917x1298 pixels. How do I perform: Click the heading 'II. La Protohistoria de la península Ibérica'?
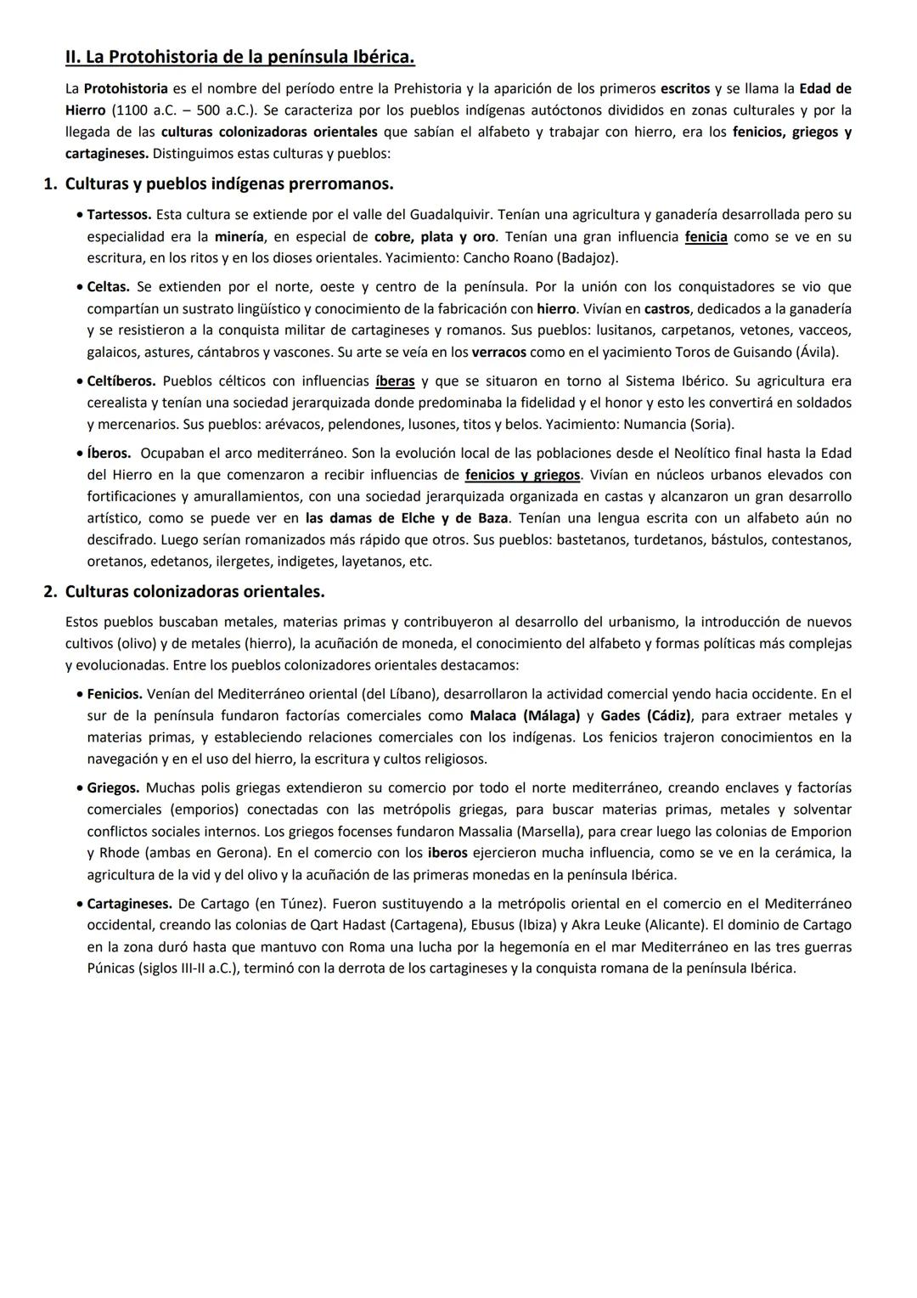pyautogui.click(x=239, y=58)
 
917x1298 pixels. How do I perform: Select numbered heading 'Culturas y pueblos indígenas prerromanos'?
pyautogui.click(x=228, y=183)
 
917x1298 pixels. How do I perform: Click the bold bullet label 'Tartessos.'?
pyautogui.click(x=119, y=214)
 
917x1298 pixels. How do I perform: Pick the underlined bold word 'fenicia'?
pyautogui.click(x=706, y=236)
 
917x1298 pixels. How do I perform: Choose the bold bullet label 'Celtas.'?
pyautogui.click(x=108, y=287)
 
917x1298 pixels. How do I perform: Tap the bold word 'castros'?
pyautogui.click(x=667, y=308)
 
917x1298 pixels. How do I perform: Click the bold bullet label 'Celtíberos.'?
pyautogui.click(x=121, y=381)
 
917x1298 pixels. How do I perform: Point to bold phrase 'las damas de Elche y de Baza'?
pyautogui.click(x=407, y=517)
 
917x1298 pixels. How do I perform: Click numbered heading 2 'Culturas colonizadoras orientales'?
pyautogui.click(x=194, y=590)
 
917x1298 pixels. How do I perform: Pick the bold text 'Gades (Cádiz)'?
pyautogui.click(x=645, y=715)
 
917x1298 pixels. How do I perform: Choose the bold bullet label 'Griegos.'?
pyautogui.click(x=113, y=787)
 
